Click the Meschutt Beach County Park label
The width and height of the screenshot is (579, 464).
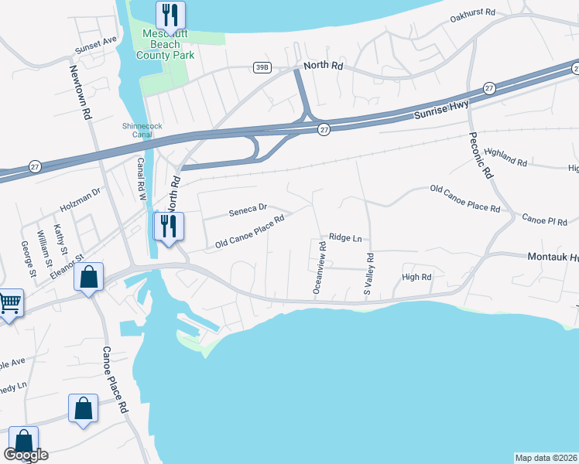(165, 44)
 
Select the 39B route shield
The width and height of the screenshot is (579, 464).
(262, 68)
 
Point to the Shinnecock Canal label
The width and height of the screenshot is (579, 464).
(139, 129)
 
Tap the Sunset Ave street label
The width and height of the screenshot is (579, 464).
(95, 45)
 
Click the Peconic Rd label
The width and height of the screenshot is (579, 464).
(481, 155)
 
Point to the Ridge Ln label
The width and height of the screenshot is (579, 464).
(345, 238)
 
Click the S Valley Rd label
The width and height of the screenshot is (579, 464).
(369, 274)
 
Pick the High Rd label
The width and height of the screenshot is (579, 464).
(416, 277)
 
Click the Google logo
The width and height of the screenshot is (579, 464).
(26, 455)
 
